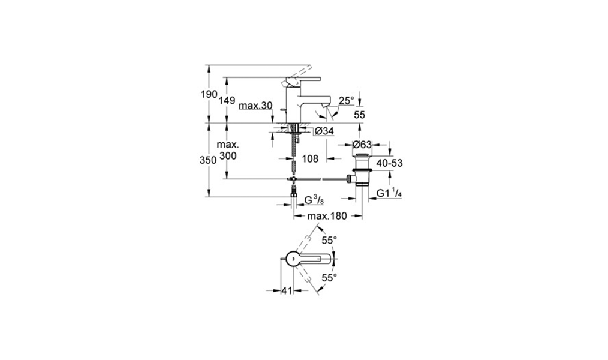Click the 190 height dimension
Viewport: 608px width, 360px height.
209,94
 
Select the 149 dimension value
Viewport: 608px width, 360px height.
227,100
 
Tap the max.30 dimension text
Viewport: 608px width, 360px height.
255,106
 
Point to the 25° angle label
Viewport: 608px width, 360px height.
346,101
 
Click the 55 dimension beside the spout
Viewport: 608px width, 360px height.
359,115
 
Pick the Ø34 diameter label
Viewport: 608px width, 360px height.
324,131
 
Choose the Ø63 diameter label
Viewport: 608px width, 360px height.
362,145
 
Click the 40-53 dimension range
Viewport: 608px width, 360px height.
389,163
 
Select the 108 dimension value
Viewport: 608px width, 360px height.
310,158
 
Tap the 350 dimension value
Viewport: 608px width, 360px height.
208,160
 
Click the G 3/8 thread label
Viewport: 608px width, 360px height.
314,200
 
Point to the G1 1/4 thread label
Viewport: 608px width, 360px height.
389,193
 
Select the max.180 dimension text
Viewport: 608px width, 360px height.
327,216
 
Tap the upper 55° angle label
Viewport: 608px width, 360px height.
329,241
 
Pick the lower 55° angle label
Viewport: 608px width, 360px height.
329,278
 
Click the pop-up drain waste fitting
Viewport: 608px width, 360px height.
362,170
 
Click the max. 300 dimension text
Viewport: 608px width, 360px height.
228,150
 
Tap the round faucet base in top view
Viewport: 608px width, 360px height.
293,258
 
